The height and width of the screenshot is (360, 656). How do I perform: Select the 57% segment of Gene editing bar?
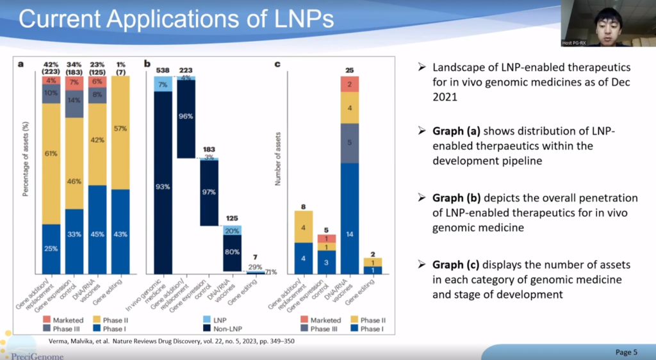point(120,129)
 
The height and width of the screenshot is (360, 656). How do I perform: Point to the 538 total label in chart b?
point(163,70)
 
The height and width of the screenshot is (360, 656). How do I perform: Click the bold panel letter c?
point(277,63)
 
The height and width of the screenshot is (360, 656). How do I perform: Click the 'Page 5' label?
point(626,352)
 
